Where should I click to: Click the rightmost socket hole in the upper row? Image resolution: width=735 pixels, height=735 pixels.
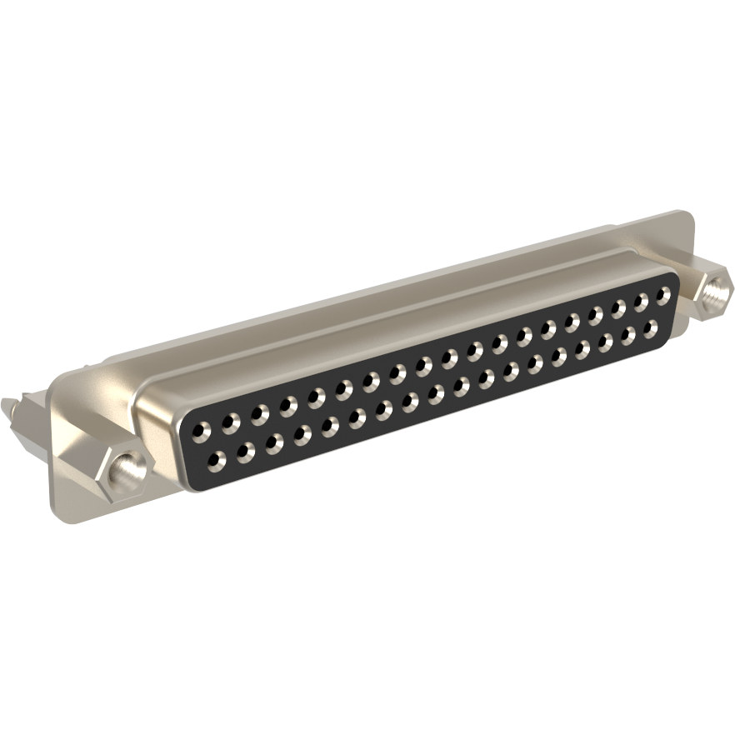coord(662,297)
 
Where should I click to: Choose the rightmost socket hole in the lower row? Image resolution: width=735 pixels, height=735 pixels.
coord(650,327)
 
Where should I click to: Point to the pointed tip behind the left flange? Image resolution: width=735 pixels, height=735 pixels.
coord(7,407)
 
